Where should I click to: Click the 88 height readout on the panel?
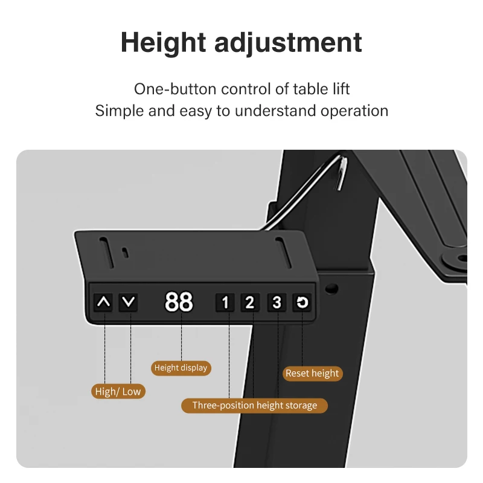[179, 302]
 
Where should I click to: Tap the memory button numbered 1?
[225, 302]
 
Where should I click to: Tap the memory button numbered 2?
[250, 302]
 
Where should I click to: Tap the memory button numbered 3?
[277, 302]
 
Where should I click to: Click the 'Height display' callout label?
[181, 368]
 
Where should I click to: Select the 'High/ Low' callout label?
[118, 391]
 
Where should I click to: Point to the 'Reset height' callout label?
[312, 373]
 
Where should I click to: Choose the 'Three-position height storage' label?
[254, 405]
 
